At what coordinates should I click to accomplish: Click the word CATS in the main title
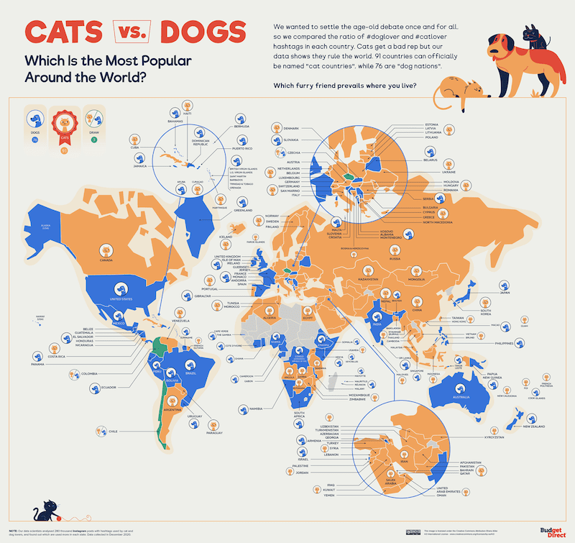tap(65, 32)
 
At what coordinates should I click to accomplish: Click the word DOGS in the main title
tap(203, 32)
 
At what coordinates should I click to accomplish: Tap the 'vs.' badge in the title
tap(134, 31)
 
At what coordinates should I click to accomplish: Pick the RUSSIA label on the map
tap(394, 258)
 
